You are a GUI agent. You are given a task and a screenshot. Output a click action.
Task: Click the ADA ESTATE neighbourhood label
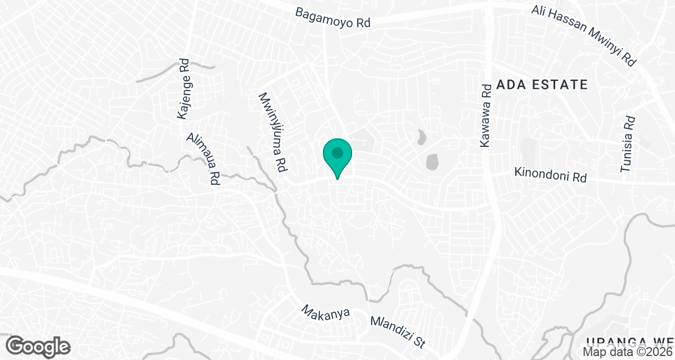542,85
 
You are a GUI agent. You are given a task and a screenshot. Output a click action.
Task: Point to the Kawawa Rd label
487,116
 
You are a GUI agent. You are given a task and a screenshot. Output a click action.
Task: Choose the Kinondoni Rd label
550,175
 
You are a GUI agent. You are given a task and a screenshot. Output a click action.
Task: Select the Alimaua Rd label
202,160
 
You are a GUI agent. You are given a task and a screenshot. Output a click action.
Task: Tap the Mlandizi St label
399,331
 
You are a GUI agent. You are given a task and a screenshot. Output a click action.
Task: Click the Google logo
39,346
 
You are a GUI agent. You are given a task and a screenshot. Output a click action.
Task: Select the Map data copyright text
627,352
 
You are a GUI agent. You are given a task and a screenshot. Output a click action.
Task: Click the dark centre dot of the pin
337,152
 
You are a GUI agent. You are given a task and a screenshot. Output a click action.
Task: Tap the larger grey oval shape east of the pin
432,162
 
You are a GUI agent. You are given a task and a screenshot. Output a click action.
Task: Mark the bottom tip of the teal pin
337,179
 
